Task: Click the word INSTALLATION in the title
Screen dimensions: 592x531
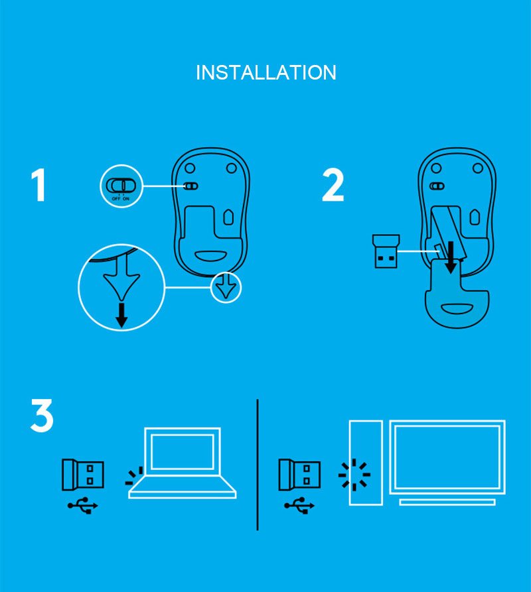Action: tap(265, 72)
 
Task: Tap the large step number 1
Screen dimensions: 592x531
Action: tap(39, 186)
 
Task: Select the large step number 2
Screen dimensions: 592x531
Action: tap(333, 186)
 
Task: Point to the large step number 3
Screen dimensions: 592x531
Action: tap(42, 416)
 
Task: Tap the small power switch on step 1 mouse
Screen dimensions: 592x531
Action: tap(190, 186)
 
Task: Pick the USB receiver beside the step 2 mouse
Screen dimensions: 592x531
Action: tap(384, 251)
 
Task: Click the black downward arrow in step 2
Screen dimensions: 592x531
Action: tap(451, 257)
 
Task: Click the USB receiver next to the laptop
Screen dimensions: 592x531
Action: tap(82, 475)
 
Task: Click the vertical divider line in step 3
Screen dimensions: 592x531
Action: tap(258, 464)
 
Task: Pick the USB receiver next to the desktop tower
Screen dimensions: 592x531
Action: tap(299, 475)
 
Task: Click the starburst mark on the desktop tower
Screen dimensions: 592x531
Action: tap(354, 475)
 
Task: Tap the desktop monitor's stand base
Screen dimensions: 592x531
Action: tap(447, 503)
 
